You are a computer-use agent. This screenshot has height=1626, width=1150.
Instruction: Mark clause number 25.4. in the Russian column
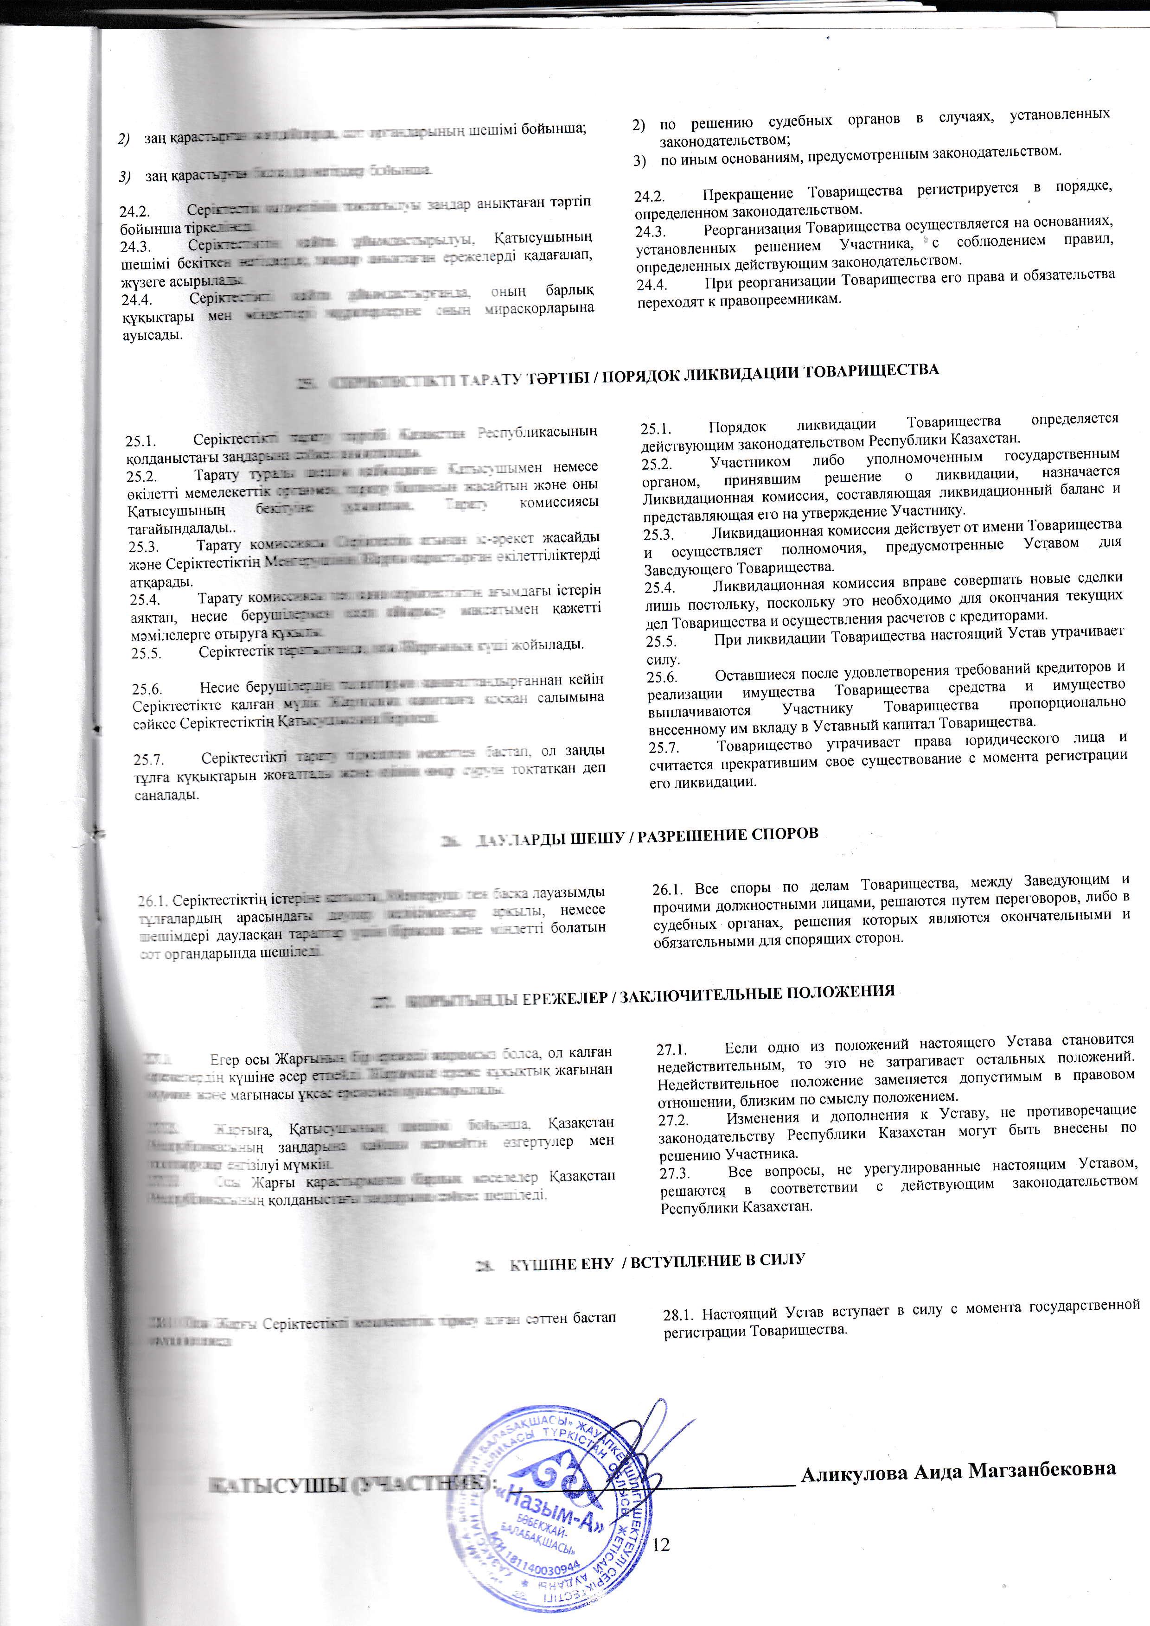(x=659, y=587)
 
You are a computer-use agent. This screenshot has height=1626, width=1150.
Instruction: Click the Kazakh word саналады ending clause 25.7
(x=167, y=795)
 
